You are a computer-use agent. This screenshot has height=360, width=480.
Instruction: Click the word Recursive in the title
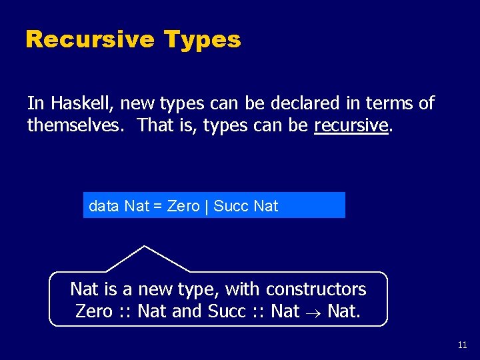(89, 40)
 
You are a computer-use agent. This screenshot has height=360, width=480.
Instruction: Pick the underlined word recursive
(351, 125)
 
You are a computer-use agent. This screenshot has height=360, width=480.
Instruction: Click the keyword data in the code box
(104, 206)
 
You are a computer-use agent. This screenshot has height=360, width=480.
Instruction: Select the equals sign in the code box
(158, 206)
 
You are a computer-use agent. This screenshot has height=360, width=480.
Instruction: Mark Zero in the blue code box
(183, 206)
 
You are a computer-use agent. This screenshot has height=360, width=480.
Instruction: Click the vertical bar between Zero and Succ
(207, 206)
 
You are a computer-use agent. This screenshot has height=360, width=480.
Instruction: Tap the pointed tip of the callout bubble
(144, 247)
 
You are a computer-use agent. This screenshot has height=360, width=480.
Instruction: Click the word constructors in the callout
(316, 289)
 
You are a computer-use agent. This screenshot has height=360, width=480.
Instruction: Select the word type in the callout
(198, 289)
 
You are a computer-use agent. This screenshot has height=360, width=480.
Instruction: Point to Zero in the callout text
(94, 311)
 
